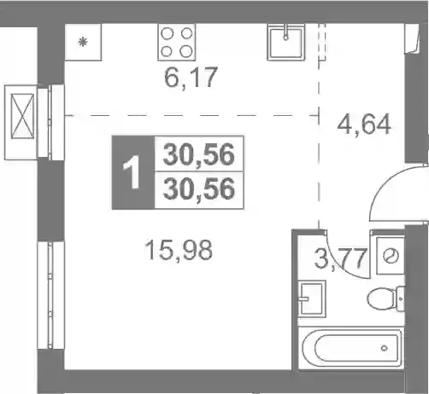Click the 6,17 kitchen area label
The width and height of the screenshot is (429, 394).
(x=191, y=78)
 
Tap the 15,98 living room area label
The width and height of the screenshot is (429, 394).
(x=179, y=250)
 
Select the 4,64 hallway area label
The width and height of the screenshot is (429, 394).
(x=364, y=125)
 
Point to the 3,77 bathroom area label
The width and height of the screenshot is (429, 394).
(x=339, y=258)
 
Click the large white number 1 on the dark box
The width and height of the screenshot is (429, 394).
(x=132, y=172)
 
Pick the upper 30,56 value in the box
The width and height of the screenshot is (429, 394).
(x=198, y=155)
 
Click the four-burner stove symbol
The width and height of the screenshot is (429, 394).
(x=177, y=42)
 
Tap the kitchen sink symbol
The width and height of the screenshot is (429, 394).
(x=285, y=43)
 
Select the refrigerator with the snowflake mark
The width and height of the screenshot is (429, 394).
(x=83, y=42)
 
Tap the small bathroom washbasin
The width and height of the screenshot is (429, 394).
(x=312, y=298)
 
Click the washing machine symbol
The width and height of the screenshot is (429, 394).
(x=391, y=256)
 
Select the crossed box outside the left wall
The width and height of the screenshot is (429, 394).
(x=22, y=116)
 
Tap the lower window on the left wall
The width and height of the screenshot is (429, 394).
(x=50, y=295)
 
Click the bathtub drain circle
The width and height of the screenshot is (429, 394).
(x=385, y=348)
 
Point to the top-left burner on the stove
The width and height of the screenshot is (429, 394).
(x=167, y=33)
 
